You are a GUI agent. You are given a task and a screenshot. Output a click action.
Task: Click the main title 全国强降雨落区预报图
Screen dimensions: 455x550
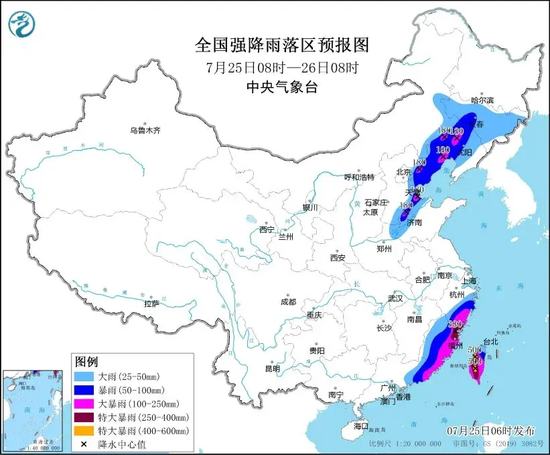(x=281, y=45)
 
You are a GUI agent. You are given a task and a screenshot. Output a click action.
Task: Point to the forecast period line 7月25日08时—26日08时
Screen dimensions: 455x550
(x=281, y=67)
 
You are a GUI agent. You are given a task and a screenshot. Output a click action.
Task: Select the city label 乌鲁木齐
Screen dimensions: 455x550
(x=145, y=129)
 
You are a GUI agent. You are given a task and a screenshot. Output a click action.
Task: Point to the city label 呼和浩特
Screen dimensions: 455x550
(x=359, y=177)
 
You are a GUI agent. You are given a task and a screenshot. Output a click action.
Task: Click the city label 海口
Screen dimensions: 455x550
(x=361, y=426)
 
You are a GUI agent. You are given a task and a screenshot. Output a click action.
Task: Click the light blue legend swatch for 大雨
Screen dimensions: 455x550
(x=88, y=377)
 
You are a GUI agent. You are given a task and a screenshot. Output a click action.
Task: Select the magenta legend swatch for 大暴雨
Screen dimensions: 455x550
(x=88, y=403)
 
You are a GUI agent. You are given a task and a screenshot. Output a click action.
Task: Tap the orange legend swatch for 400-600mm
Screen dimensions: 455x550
(x=88, y=430)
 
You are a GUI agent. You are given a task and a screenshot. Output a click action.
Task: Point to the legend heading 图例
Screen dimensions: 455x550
(x=86, y=362)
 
